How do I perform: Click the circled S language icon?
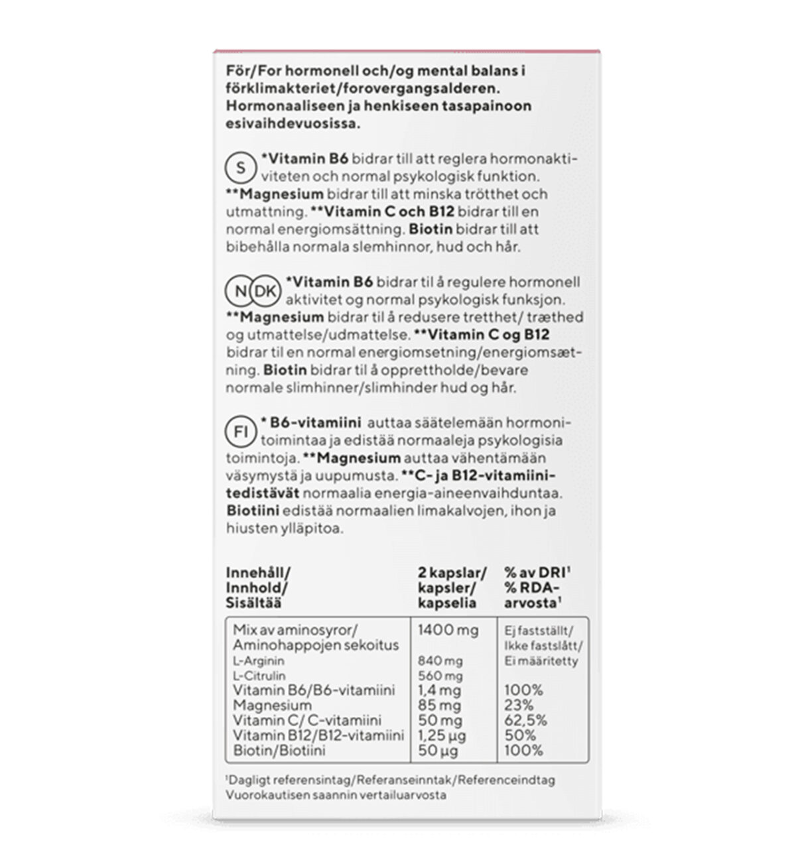241,168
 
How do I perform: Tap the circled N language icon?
240,290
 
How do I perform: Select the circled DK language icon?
265,290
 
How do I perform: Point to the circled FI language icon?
241,432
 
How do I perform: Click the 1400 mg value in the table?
448,630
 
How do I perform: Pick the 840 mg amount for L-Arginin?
440,661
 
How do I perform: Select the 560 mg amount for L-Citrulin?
440,676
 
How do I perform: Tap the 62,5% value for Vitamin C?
525,721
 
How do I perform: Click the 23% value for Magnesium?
519,706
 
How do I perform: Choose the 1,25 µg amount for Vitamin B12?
442,736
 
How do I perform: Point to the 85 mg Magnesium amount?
439,706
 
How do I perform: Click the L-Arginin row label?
259,661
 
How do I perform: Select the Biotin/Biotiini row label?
279,751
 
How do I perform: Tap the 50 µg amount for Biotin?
438,751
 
